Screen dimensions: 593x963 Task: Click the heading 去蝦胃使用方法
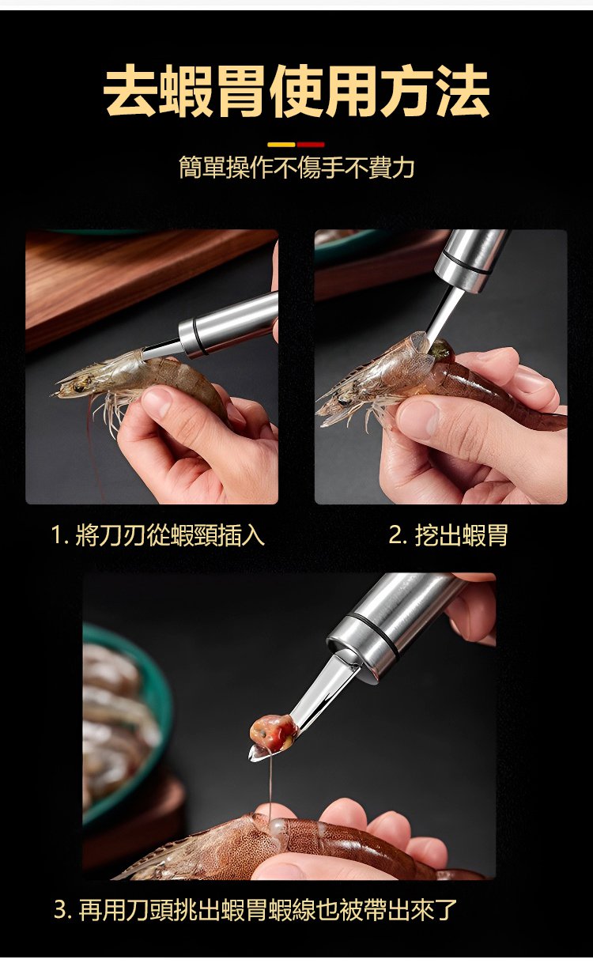[296, 90]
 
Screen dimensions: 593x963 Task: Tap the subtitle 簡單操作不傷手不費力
[296, 167]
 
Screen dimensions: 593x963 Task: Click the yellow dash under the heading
[281, 145]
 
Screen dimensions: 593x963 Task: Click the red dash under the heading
[311, 145]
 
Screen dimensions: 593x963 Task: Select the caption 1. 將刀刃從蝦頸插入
[157, 535]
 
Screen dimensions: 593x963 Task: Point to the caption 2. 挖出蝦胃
[448, 535]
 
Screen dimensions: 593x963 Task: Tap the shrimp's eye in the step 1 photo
[79, 387]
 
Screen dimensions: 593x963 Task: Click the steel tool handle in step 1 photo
[228, 325]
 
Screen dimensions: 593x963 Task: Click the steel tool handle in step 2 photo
[471, 257]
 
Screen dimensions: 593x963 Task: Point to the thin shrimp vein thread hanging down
[270, 790]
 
